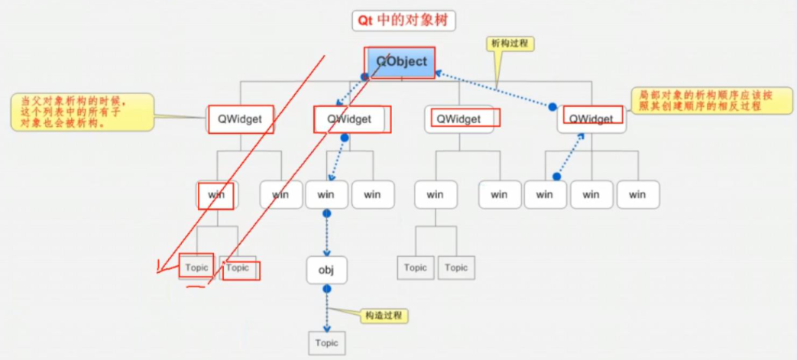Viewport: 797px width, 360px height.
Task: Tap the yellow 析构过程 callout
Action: click(x=510, y=44)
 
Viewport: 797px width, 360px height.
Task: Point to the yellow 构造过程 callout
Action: click(x=384, y=316)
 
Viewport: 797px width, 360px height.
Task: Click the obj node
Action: click(x=327, y=271)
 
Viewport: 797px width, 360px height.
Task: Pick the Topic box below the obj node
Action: click(x=326, y=343)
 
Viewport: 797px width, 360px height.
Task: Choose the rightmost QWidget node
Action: click(x=591, y=119)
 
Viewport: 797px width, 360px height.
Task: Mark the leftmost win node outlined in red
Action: click(x=216, y=195)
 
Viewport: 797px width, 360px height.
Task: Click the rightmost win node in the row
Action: click(x=637, y=195)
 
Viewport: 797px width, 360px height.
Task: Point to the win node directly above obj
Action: click(x=326, y=195)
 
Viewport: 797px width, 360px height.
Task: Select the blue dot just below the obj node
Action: click(x=327, y=289)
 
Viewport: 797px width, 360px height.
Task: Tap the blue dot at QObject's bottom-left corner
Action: click(x=365, y=77)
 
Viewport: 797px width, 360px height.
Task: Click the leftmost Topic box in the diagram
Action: click(x=196, y=268)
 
